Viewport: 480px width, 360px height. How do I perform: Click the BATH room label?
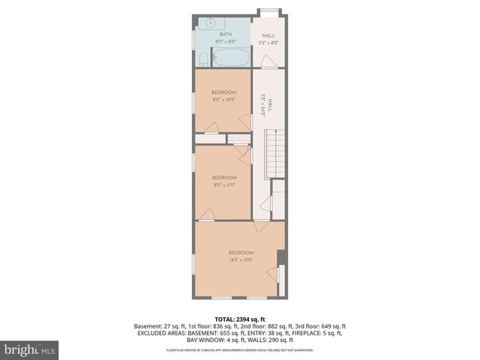[x=225, y=34]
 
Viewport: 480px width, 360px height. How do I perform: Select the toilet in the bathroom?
[x=203, y=59]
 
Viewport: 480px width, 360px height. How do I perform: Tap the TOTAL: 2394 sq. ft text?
[x=239, y=319]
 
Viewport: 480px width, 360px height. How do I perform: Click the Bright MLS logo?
[x=30, y=349]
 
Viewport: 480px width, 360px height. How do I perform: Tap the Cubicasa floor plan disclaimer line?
[x=239, y=350]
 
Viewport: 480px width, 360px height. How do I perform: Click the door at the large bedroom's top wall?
[x=259, y=225]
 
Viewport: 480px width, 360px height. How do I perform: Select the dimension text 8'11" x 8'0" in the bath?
[x=225, y=42]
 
